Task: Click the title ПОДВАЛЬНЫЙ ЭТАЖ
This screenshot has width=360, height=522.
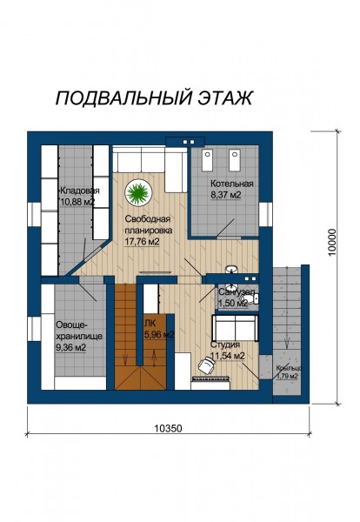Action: (154, 97)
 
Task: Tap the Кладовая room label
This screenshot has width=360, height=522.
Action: (79, 191)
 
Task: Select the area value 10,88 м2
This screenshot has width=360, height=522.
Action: (77, 202)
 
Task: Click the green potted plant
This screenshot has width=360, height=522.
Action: (138, 192)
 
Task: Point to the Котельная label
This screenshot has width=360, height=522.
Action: (232, 184)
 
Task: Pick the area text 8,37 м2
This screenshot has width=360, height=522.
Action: (226, 195)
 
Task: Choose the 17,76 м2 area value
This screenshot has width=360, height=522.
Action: (142, 242)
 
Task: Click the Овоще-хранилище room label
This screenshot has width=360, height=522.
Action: (79, 331)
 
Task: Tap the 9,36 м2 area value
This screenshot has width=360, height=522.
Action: (71, 347)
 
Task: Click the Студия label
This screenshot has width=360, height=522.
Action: (225, 345)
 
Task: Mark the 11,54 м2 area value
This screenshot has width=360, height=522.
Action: (228, 356)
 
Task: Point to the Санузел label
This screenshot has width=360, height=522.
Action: (237, 292)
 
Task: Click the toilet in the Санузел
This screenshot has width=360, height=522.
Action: (256, 299)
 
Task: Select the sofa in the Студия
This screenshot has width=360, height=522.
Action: (235, 328)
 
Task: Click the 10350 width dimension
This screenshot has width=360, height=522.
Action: (169, 428)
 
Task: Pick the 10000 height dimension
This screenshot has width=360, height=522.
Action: (332, 242)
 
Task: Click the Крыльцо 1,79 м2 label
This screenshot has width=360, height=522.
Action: (289, 371)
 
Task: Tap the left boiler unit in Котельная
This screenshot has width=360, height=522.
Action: (208, 160)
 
